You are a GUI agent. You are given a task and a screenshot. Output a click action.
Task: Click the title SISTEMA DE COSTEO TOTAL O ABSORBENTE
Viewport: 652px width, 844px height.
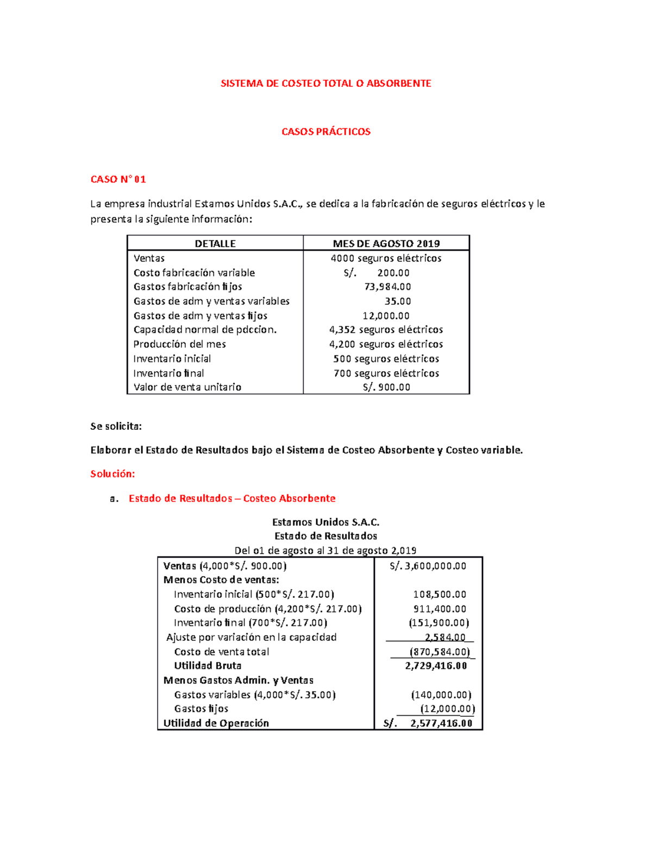click(325, 83)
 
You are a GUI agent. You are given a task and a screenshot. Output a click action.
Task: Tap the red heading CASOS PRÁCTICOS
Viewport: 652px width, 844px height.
click(325, 132)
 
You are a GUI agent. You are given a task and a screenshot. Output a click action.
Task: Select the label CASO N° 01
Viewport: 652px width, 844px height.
click(118, 179)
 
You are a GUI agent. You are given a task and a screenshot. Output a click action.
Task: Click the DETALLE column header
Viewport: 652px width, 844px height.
click(215, 243)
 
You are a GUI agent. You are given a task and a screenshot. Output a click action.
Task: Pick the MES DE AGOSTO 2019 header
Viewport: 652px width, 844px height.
click(386, 243)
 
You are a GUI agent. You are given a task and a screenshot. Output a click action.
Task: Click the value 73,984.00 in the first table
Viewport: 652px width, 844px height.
click(387, 286)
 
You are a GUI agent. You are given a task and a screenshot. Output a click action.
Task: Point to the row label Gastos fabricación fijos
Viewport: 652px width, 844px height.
click(187, 286)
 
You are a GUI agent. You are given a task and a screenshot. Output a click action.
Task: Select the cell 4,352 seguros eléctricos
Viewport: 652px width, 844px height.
click(386, 329)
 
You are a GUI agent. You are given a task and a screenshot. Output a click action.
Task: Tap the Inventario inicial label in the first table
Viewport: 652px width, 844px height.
click(172, 359)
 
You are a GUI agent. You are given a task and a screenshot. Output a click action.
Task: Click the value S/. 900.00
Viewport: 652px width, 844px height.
click(386, 387)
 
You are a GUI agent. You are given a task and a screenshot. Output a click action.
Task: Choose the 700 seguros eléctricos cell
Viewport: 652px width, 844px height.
click(386, 373)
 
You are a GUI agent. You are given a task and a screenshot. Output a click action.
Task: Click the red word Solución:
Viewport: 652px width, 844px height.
click(112, 474)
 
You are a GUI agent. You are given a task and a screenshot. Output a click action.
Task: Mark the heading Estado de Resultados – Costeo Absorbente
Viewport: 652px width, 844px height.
click(232, 498)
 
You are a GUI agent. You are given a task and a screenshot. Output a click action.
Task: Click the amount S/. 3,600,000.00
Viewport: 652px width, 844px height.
click(428, 566)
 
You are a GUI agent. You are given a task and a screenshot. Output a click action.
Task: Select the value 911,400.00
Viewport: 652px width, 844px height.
click(440, 609)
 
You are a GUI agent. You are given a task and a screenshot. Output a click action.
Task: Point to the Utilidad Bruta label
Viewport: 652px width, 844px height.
click(208, 666)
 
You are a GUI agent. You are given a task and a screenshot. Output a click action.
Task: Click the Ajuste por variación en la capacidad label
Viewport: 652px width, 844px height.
click(251, 637)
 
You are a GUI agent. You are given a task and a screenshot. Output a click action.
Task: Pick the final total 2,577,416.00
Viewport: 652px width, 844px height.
click(441, 723)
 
